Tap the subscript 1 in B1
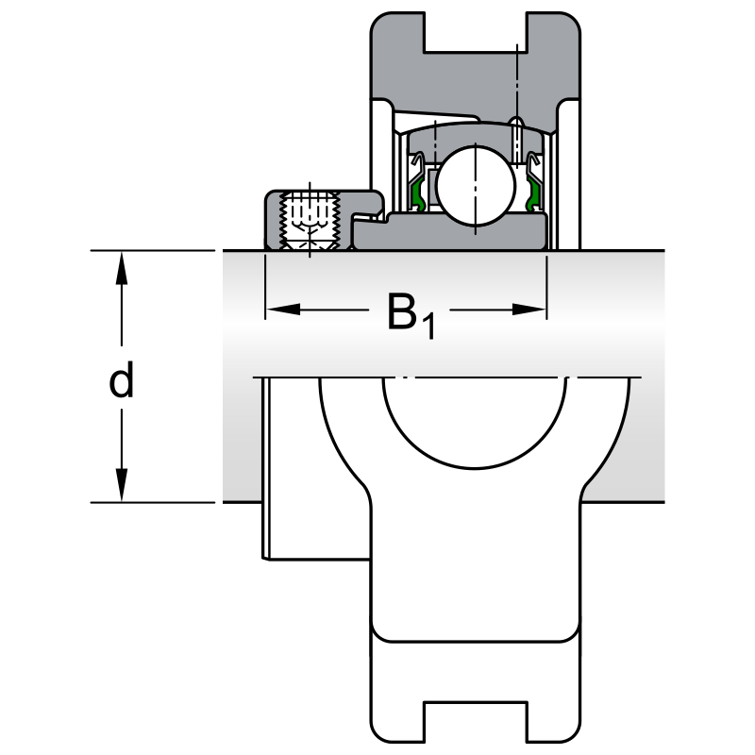point(428,327)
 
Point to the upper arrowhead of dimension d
point(122,268)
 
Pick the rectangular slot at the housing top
point(473,33)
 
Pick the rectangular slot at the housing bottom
point(473,721)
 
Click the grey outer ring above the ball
point(472,130)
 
